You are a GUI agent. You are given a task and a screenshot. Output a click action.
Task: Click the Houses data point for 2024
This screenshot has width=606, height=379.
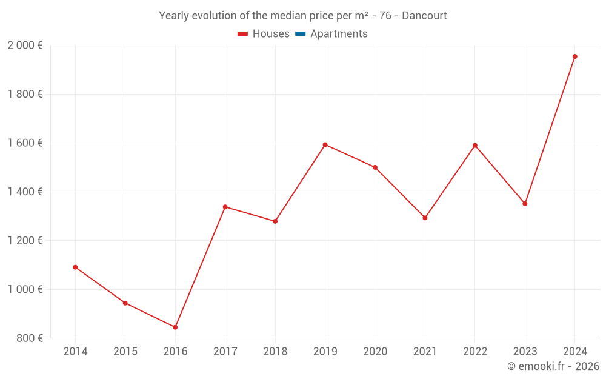click(574, 56)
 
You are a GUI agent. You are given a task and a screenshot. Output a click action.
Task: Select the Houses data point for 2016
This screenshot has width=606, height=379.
click(175, 327)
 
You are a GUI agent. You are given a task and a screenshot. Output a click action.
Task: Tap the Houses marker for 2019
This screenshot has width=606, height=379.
click(325, 144)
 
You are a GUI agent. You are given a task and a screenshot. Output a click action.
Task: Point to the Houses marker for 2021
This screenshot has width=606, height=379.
click(425, 218)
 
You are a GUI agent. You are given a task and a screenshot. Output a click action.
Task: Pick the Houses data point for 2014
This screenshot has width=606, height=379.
click(75, 267)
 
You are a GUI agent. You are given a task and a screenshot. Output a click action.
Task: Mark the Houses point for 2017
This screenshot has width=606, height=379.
click(225, 207)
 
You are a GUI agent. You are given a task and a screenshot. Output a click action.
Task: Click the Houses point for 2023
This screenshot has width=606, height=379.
click(525, 204)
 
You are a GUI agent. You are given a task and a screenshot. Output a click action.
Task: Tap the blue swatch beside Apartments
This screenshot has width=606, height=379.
click(300, 34)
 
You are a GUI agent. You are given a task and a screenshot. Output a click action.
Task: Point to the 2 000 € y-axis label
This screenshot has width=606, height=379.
click(25, 45)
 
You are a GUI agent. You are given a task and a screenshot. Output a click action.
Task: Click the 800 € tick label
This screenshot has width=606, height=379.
click(29, 338)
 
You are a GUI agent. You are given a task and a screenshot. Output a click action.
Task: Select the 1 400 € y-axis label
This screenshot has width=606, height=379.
click(25, 192)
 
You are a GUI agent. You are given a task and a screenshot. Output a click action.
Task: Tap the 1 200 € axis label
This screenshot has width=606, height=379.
click(25, 241)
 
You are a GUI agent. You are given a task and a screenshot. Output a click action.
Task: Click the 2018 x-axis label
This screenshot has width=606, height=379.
click(275, 352)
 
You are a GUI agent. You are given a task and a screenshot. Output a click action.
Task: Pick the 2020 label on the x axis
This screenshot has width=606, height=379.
click(375, 352)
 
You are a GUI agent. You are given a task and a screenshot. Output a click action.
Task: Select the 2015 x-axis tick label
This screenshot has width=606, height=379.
click(125, 352)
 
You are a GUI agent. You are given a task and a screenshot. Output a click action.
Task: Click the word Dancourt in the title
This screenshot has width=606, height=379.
click(424, 16)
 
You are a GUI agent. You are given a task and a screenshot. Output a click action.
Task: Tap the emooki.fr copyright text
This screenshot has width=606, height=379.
click(553, 366)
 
